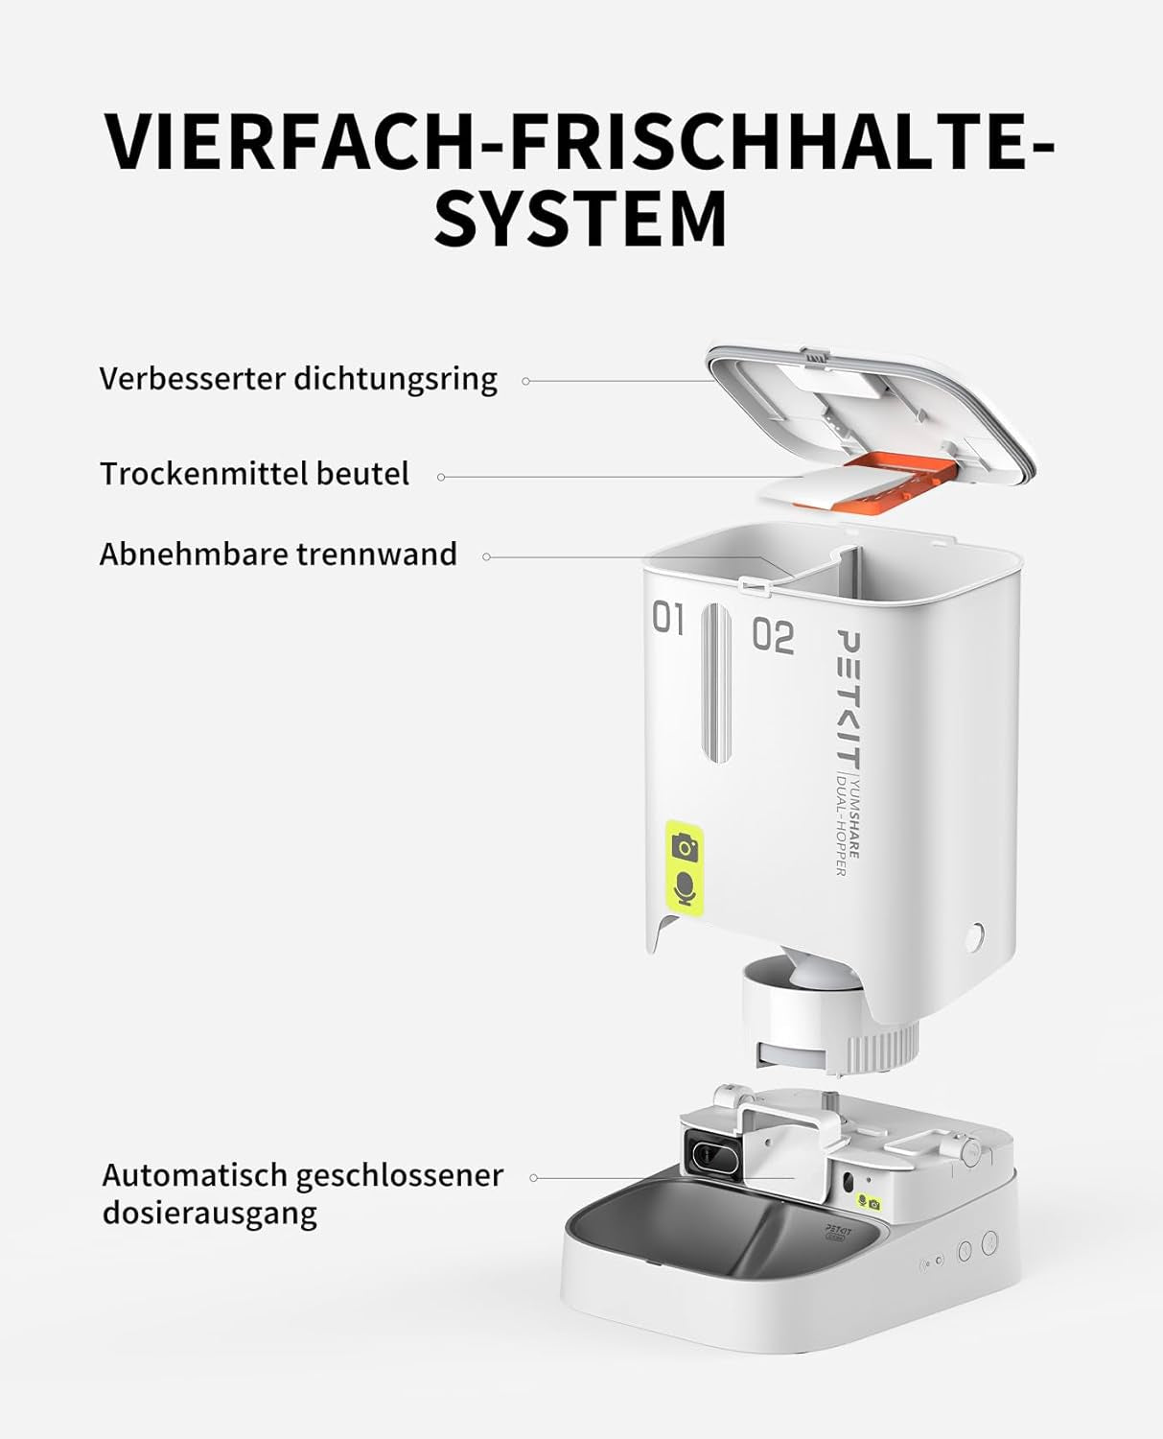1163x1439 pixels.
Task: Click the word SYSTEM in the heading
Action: pyautogui.click(x=581, y=220)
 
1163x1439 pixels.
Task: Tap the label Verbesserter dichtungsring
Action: pyautogui.click(x=298, y=379)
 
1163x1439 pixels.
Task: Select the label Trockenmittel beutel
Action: pyautogui.click(x=255, y=474)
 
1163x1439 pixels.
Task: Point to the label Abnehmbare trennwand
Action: pyautogui.click(x=278, y=554)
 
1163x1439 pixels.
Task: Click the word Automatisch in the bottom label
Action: pyautogui.click(x=194, y=1175)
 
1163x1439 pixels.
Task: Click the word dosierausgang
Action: pyautogui.click(x=209, y=1213)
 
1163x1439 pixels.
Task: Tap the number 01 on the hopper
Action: pyautogui.click(x=668, y=619)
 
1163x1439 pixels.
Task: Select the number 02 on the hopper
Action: pyautogui.click(x=773, y=636)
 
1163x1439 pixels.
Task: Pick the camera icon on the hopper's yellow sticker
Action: pyautogui.click(x=685, y=847)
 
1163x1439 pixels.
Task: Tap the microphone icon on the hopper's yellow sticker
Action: pyautogui.click(x=685, y=887)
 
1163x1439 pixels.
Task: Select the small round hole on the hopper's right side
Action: pyautogui.click(x=975, y=934)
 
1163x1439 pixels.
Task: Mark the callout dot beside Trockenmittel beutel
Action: pyautogui.click(x=441, y=477)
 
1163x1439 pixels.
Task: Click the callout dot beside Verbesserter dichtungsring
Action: pyautogui.click(x=525, y=381)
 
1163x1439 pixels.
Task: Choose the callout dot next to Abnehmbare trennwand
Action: pyautogui.click(x=487, y=556)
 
